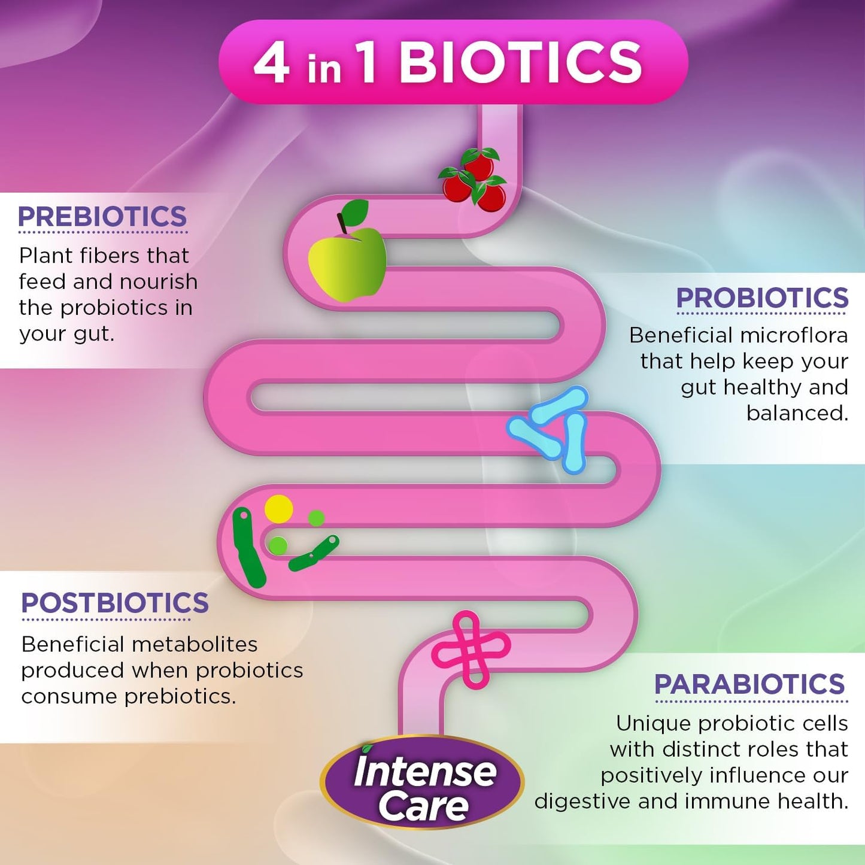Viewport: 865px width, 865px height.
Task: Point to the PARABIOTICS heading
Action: coord(749,684)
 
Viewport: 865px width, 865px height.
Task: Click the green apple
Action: coord(347,264)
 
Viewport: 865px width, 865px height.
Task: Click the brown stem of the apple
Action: coord(342,223)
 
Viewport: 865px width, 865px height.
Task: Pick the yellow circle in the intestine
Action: coord(278,509)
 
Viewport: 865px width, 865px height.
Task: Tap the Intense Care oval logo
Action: coord(422,782)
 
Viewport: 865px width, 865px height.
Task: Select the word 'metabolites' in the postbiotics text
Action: coord(195,645)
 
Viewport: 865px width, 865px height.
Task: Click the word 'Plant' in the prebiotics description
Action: coord(45,256)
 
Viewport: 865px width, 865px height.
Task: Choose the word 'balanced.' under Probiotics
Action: coord(797,414)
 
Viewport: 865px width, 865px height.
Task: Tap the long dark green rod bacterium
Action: coord(248,548)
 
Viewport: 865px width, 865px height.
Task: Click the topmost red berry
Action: coord(480,162)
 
